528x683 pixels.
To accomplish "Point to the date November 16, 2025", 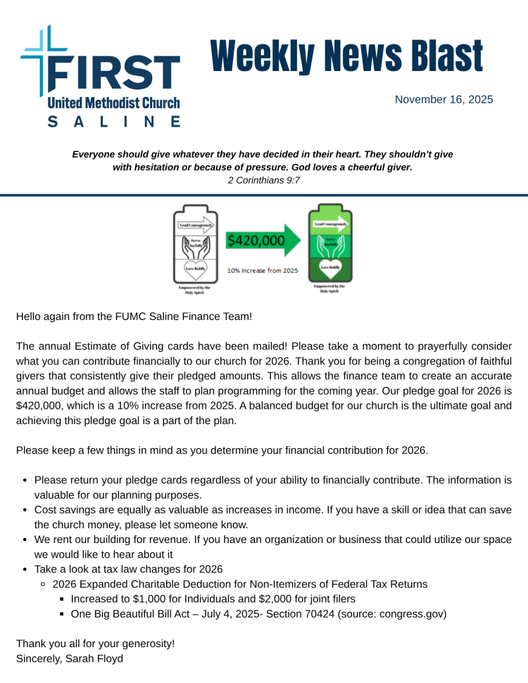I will pos(444,99).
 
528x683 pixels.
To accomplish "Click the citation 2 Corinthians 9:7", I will pos(264,180).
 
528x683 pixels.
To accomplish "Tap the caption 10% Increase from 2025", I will pos(262,270).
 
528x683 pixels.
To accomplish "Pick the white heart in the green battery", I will pos(330,268).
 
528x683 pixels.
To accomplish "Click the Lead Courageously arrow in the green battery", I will pos(331,224).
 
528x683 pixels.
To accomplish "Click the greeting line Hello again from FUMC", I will pos(134,317).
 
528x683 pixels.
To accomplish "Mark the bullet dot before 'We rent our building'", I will pos(25,540).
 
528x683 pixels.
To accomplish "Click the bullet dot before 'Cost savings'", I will pos(25,510).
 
